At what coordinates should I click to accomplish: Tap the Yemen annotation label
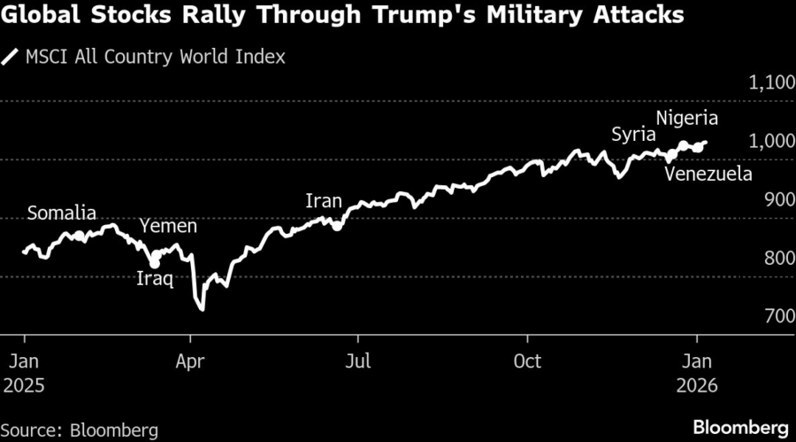tap(169, 227)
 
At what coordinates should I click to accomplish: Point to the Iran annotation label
tap(323, 201)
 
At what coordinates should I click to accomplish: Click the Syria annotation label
tap(633, 135)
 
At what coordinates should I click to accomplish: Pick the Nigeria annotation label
tap(687, 118)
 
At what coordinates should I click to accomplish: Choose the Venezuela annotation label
tap(708, 174)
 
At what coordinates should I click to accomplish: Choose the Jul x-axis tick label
tap(357, 361)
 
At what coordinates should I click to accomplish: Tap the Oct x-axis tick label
tap(527, 361)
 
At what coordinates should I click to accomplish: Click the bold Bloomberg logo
tap(742, 426)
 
